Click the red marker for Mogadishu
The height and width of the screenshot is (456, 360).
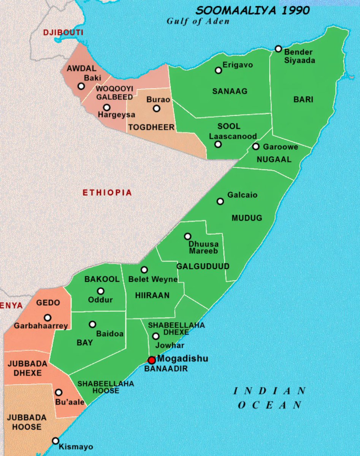[152, 360]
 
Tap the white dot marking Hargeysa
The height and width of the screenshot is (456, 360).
[107, 108]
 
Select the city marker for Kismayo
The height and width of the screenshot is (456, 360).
[56, 441]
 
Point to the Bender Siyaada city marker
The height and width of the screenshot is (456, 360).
[278, 49]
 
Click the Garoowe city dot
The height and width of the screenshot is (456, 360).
[256, 146]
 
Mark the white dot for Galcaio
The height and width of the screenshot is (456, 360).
[220, 201]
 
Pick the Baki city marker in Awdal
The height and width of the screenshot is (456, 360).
[81, 86]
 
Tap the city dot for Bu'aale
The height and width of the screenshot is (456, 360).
[59, 393]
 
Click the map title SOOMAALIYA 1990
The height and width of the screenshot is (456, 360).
[252, 10]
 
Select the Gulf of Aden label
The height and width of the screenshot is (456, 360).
[198, 21]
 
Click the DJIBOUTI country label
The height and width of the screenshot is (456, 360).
[63, 33]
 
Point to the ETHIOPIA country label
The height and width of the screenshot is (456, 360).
[107, 193]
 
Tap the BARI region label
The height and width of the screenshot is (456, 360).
[303, 100]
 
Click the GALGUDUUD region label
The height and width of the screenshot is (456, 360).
[203, 266]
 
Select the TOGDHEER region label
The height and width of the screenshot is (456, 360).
[151, 127]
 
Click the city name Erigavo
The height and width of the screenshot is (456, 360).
[238, 65]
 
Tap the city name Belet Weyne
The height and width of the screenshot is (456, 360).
[153, 280]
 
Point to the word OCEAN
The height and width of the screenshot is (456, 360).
[270, 405]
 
